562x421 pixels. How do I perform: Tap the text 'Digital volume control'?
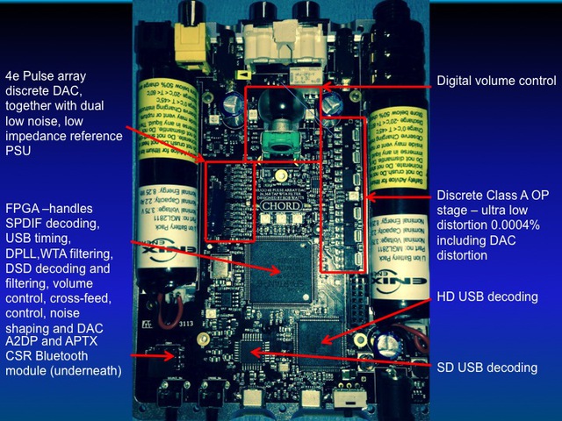click(496, 81)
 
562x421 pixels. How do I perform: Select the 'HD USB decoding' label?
click(487, 296)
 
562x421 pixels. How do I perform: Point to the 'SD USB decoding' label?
click(487, 367)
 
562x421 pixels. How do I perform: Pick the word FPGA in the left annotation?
click(22, 209)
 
